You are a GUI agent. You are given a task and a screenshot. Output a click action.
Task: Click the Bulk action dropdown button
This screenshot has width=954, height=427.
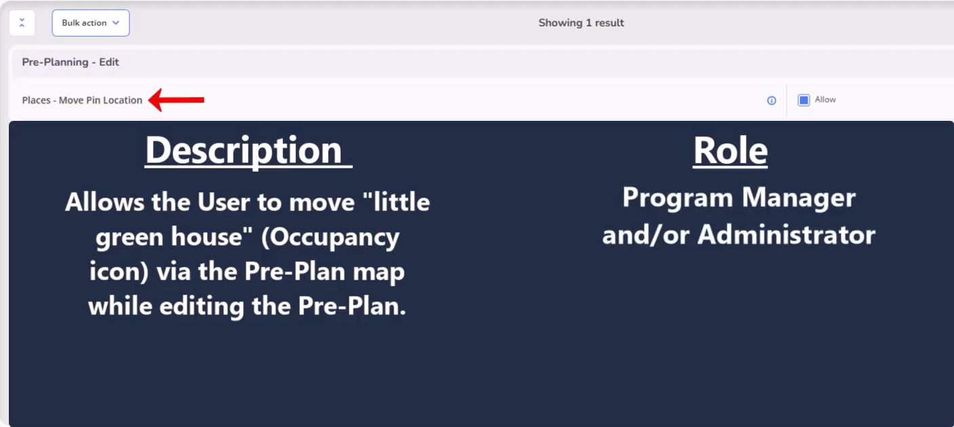pos(91,23)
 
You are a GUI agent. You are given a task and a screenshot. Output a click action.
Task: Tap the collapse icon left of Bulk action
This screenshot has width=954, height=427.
pos(22,23)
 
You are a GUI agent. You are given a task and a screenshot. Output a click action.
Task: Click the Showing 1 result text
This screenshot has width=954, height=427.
pos(581,23)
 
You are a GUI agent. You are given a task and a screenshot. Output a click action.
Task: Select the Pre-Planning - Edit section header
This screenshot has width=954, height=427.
pos(71,62)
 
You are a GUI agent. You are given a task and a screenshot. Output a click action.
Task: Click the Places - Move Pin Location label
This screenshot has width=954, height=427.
pos(82,100)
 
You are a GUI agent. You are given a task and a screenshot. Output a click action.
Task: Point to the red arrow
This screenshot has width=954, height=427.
pos(176,100)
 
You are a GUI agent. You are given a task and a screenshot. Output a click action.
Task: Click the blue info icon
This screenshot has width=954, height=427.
pos(771,100)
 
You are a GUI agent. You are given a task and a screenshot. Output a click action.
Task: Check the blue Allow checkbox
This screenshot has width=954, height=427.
pos(803,100)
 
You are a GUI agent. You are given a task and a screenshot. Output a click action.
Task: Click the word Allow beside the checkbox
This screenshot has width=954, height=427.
pos(825,100)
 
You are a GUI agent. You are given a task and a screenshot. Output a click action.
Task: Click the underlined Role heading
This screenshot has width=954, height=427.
pos(730,151)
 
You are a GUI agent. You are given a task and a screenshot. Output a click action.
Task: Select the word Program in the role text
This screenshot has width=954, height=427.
pos(677,199)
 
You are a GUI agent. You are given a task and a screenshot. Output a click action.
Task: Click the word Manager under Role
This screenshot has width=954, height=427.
pos(799,198)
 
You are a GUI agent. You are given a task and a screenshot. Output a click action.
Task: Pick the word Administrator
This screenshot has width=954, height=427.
pos(786,235)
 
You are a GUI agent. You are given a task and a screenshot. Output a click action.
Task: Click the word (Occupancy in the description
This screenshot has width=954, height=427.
pos(330,238)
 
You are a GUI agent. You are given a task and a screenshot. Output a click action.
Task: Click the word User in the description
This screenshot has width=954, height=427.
pos(224,202)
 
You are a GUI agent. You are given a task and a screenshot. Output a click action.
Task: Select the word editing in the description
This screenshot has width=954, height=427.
pos(202,307)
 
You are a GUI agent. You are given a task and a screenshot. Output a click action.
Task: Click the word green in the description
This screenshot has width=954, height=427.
pos(130,238)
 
